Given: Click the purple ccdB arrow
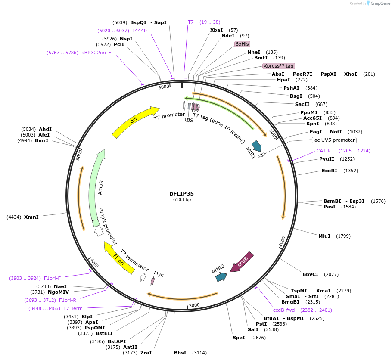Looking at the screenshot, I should pyautogui.click(x=242, y=262).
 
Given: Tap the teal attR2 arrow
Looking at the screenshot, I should pyautogui.click(x=221, y=276).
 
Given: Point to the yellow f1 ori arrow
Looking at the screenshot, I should pyautogui.click(x=118, y=257).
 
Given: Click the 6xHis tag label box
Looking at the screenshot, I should pyautogui.click(x=242, y=44).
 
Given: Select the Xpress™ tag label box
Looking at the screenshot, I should pyautogui.click(x=279, y=66).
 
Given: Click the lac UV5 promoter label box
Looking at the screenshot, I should pyautogui.click(x=334, y=140).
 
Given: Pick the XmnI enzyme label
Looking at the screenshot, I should pyautogui.click(x=31, y=217).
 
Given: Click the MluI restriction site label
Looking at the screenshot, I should pyautogui.click(x=324, y=236).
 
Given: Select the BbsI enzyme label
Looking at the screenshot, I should pyautogui.click(x=180, y=353).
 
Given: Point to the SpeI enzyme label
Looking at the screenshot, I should pyautogui.click(x=239, y=338).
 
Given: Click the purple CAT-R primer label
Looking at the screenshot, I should pyautogui.click(x=324, y=151).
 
